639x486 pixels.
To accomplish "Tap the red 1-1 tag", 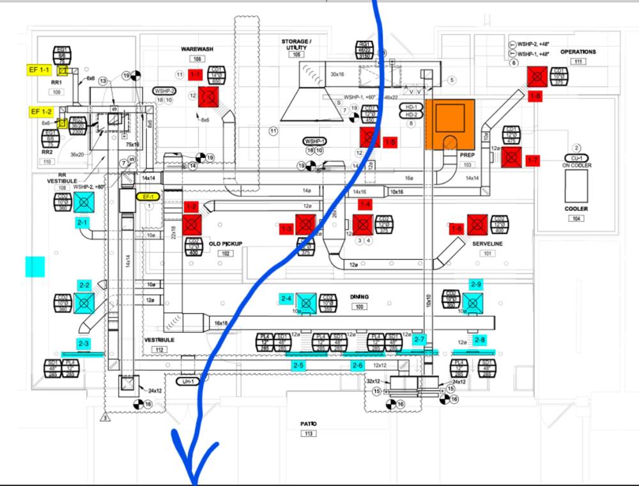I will [x=196, y=75].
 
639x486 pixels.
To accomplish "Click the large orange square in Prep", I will [x=450, y=125].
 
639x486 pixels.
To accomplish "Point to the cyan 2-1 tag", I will [x=82, y=223].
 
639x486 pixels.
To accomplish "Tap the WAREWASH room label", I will [x=196, y=49].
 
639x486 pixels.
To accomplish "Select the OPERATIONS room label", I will [x=578, y=52].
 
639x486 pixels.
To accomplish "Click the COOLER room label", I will [x=576, y=208].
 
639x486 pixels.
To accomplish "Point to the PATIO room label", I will [x=309, y=424].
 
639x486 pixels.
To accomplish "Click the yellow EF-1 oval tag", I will [x=148, y=196].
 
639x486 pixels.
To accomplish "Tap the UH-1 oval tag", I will [x=188, y=381].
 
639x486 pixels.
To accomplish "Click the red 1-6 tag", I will [x=456, y=228].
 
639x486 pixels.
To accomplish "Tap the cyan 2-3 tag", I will [x=83, y=343].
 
